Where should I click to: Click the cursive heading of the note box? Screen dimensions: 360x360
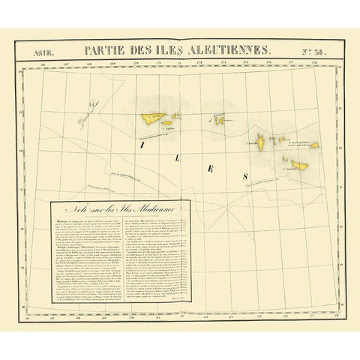click(120, 210)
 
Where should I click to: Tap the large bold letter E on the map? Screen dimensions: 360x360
click(202, 166)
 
